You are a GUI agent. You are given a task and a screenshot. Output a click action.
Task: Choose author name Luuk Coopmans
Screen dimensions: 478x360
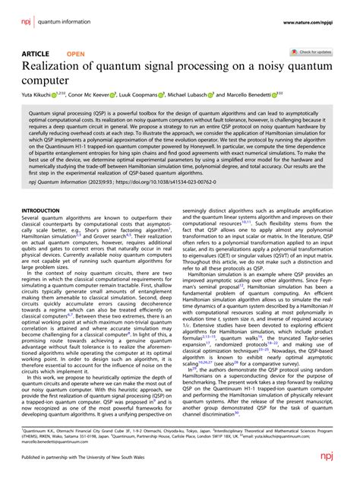(x=156, y=97)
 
